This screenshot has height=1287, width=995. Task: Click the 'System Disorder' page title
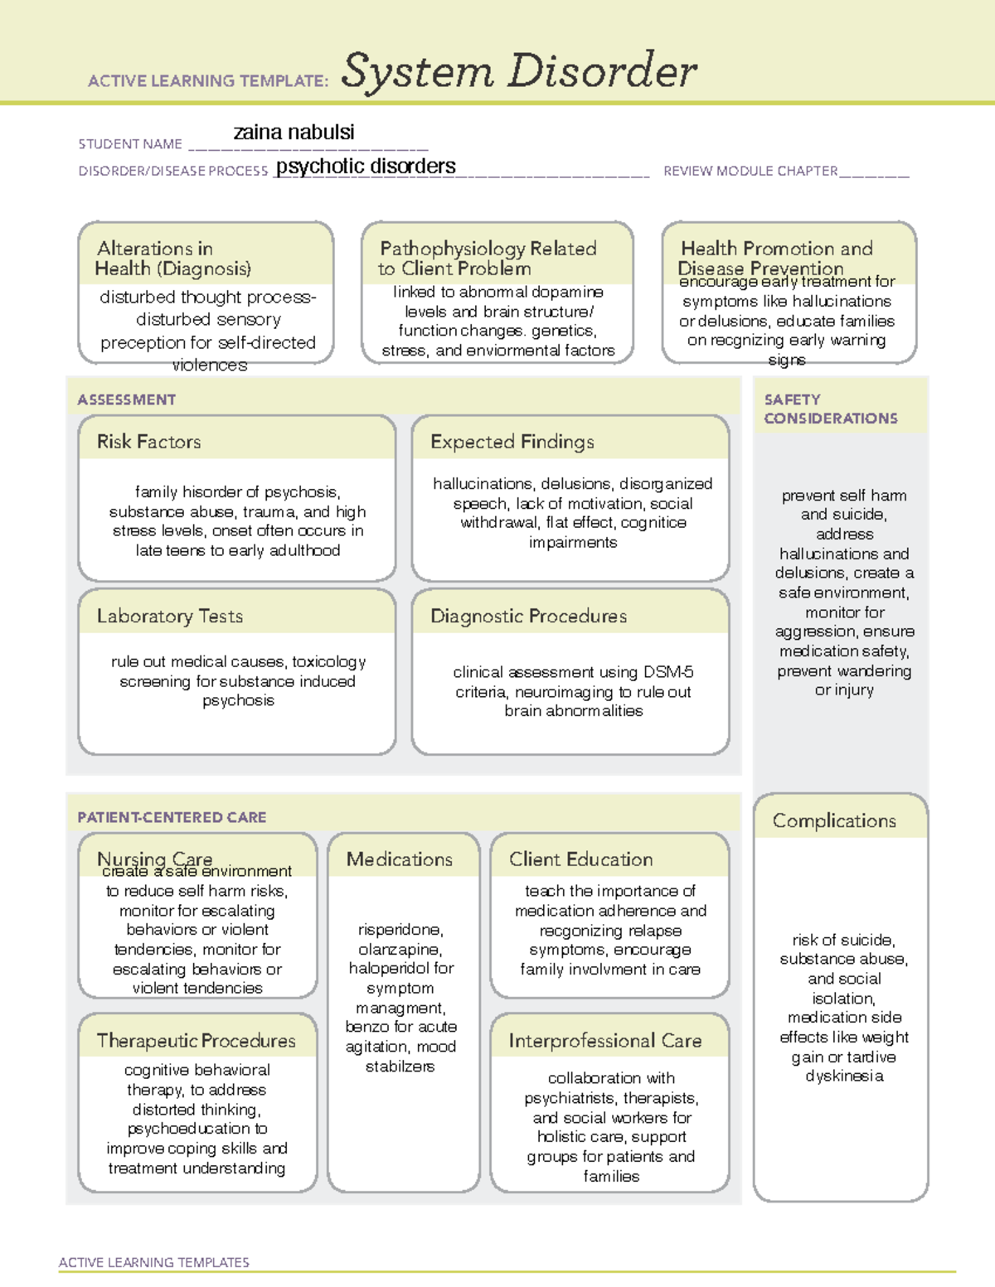519,71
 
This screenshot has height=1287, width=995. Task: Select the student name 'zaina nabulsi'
294,133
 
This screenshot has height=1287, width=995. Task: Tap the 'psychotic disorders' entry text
366,167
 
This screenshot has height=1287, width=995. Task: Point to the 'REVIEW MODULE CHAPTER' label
750,172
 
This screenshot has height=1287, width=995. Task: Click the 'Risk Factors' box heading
148,442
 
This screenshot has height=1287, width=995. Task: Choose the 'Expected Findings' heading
512,442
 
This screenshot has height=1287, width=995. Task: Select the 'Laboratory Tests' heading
169,617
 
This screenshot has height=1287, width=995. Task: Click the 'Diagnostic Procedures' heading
528,617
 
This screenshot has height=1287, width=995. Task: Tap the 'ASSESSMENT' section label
126,400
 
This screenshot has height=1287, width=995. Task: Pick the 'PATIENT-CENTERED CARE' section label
172,818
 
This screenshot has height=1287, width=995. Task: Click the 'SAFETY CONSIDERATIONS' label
830,409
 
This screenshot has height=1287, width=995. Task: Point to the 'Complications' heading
834,821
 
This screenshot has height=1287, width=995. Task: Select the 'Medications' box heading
399,860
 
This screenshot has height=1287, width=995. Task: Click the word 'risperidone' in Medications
400,930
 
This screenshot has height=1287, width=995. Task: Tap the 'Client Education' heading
580,860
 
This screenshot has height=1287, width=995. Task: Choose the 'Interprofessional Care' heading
604,1041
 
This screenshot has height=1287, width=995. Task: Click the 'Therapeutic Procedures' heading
196,1041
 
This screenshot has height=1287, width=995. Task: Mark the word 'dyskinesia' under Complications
844,1077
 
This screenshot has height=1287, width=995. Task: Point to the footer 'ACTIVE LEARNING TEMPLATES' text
153,1263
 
